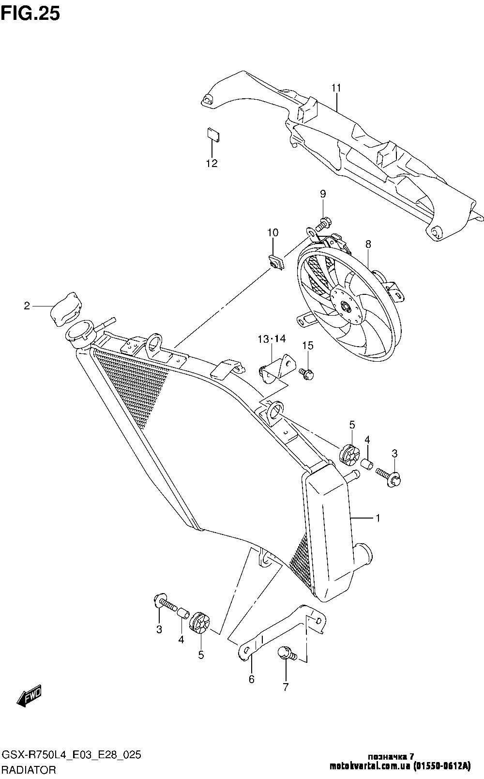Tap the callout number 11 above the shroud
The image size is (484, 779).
click(336, 88)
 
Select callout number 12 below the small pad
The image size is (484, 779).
click(212, 163)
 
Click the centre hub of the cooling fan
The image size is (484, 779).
click(346, 306)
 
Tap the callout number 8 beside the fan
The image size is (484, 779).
click(368, 244)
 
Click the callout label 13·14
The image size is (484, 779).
click(272, 338)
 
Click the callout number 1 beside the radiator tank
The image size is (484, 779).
click(378, 528)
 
